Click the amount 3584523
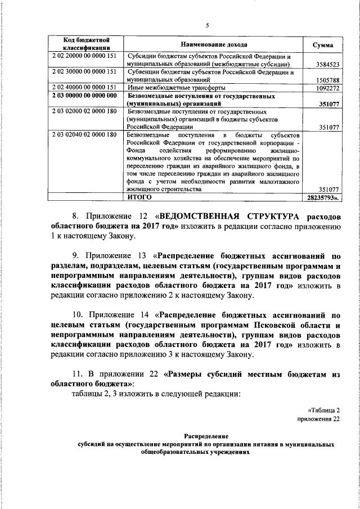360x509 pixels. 325,65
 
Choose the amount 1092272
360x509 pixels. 325,88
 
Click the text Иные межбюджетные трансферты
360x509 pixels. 177,88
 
